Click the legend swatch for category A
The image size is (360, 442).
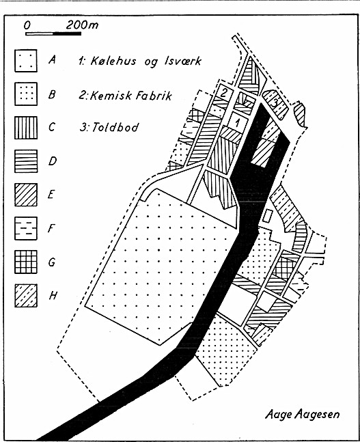click(26, 61)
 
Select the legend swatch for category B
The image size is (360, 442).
click(26, 94)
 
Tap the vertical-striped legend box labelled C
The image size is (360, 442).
click(26, 128)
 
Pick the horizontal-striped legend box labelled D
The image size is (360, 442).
click(26, 161)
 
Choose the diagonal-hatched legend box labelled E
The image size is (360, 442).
click(26, 195)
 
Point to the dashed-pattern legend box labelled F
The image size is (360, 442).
click(26, 228)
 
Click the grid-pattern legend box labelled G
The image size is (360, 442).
click(26, 262)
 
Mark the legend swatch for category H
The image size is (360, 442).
click(26, 295)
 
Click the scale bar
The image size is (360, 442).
click(53, 34)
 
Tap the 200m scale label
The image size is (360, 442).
click(83, 25)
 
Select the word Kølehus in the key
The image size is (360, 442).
click(113, 61)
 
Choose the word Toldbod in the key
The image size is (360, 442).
click(115, 127)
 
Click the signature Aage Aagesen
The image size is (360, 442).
click(302, 415)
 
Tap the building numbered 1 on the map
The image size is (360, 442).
click(238, 122)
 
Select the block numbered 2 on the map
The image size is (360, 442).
click(223, 93)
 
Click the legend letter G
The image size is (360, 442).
click(52, 262)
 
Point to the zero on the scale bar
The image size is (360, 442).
click(27, 25)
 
